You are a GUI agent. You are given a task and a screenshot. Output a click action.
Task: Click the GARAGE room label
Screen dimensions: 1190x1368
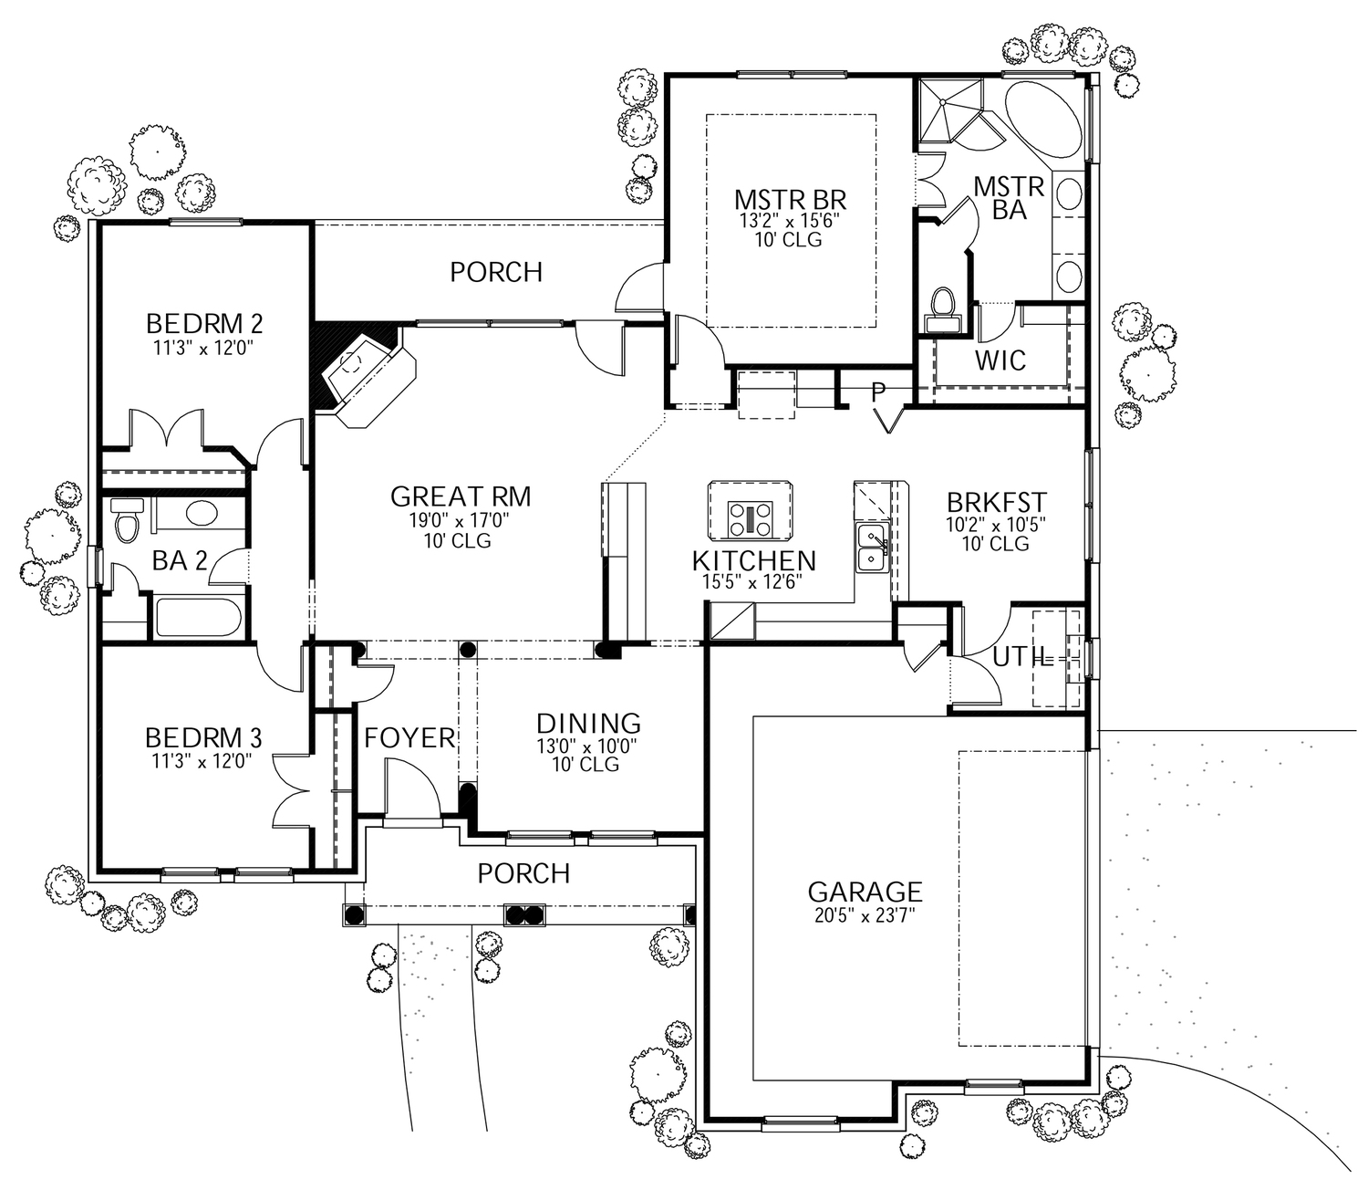(865, 892)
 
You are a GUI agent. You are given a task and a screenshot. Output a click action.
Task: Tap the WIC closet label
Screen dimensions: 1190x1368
(1000, 360)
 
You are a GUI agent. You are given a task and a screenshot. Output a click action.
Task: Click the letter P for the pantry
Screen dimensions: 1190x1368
(878, 392)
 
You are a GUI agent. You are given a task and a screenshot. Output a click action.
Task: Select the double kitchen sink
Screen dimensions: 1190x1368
(872, 548)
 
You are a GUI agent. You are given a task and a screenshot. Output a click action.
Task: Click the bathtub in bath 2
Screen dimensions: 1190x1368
(198, 617)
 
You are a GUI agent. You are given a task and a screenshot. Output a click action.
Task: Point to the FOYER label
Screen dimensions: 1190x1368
(409, 738)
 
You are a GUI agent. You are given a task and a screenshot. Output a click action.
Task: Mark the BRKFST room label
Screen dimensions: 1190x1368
(996, 503)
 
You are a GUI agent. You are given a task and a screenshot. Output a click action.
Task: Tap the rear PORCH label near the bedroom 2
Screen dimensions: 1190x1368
(496, 272)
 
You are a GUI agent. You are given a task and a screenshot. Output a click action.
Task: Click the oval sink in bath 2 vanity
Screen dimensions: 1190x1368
(202, 513)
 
